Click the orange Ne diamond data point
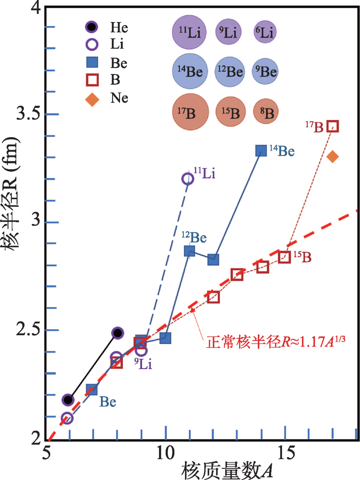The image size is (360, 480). pyautogui.click(x=332, y=156)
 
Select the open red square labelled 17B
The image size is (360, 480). pyautogui.click(x=333, y=126)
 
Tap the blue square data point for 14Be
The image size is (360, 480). pyautogui.click(x=261, y=151)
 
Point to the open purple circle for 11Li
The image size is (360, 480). pyautogui.click(x=188, y=179)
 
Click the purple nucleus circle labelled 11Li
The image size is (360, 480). pyautogui.click(x=189, y=32)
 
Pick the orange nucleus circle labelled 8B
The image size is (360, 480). pyautogui.click(x=266, y=111)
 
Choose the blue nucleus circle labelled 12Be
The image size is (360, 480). pyautogui.click(x=230, y=71)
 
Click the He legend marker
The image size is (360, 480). pyautogui.click(x=91, y=27)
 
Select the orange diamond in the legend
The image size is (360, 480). pyautogui.click(x=92, y=100)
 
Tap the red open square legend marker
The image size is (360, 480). pyautogui.click(x=92, y=80)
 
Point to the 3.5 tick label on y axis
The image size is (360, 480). pyautogui.click(x=28, y=113)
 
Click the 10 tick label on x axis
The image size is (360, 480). pyautogui.click(x=165, y=453)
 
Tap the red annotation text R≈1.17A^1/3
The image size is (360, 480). pyautogui.click(x=275, y=342)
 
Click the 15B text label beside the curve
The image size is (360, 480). pyautogui.click(x=302, y=257)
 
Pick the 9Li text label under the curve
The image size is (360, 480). pyautogui.click(x=143, y=363)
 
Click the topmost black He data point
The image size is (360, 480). pyautogui.click(x=117, y=333)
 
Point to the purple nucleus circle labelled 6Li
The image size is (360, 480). pyautogui.click(x=265, y=32)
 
